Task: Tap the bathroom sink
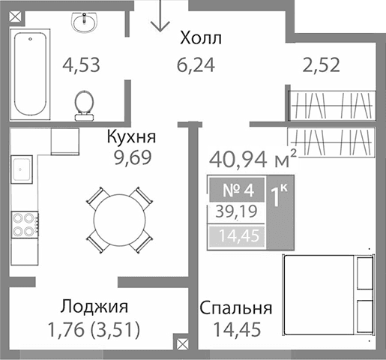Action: click(83, 24)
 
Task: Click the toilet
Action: click(83, 104)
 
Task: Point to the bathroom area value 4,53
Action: click(82, 64)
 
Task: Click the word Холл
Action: click(201, 38)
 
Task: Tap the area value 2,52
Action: click(320, 64)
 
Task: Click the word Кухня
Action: click(131, 137)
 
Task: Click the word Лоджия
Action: click(94, 307)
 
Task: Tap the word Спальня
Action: click(235, 307)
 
